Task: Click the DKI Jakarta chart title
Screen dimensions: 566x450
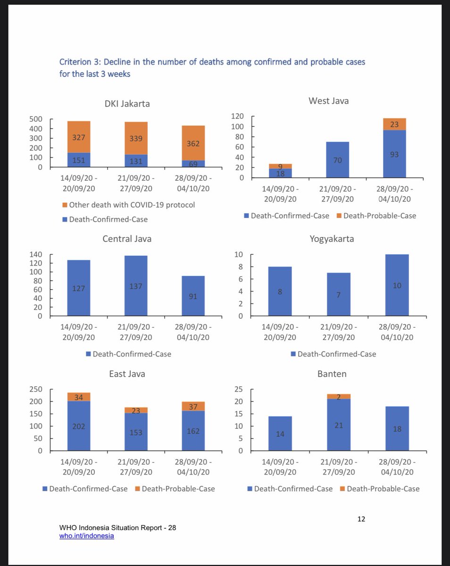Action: pyautogui.click(x=127, y=104)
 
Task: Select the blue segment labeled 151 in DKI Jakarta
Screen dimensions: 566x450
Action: pyautogui.click(x=79, y=160)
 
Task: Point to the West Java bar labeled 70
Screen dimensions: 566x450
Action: pyautogui.click(x=337, y=159)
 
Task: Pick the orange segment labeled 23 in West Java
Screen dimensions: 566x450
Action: pyautogui.click(x=395, y=124)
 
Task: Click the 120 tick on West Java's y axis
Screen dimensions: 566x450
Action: pyautogui.click(x=237, y=117)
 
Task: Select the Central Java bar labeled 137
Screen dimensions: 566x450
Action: pyautogui.click(x=136, y=286)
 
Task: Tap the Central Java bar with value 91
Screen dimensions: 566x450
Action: pyautogui.click(x=193, y=296)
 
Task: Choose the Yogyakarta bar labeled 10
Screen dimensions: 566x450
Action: pyautogui.click(x=397, y=285)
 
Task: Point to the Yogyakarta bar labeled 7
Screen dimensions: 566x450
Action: pyautogui.click(x=339, y=294)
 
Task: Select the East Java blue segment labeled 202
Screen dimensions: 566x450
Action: pyautogui.click(x=79, y=426)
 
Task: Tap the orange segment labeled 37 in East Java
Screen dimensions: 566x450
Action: pyautogui.click(x=193, y=406)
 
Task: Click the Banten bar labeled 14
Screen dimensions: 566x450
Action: pyautogui.click(x=280, y=433)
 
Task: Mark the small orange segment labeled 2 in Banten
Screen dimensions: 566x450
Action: pyautogui.click(x=339, y=397)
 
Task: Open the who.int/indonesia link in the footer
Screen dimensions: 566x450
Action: pyautogui.click(x=86, y=536)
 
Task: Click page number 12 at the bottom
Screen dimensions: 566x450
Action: pyautogui.click(x=361, y=519)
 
